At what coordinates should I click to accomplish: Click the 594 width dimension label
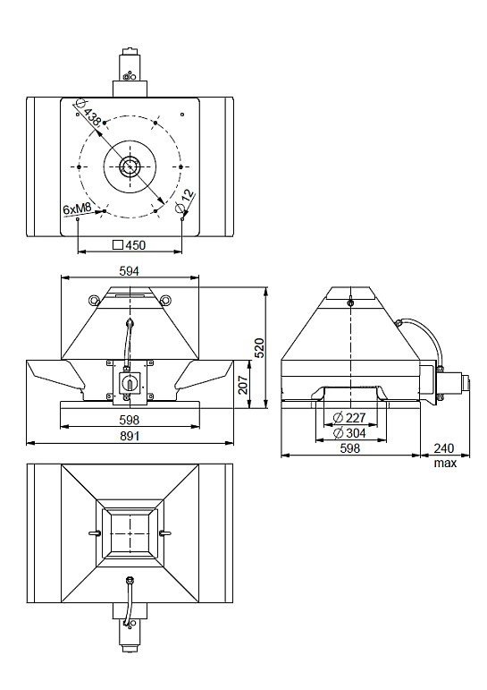(x=130, y=271)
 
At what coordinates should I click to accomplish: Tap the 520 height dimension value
(x=260, y=347)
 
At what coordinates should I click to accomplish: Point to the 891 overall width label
(x=130, y=436)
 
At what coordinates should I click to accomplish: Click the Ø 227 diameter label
(x=349, y=418)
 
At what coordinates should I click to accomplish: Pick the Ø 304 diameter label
(x=349, y=433)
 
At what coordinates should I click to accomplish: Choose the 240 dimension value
(x=444, y=448)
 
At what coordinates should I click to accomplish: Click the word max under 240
(x=445, y=463)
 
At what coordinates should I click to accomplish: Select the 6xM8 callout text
(x=78, y=209)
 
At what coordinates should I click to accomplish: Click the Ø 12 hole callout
(x=185, y=200)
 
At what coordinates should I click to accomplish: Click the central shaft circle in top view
(x=130, y=166)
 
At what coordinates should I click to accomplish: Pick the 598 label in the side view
(x=350, y=448)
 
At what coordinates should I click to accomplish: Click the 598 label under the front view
(x=130, y=420)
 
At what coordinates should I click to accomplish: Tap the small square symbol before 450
(x=118, y=244)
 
